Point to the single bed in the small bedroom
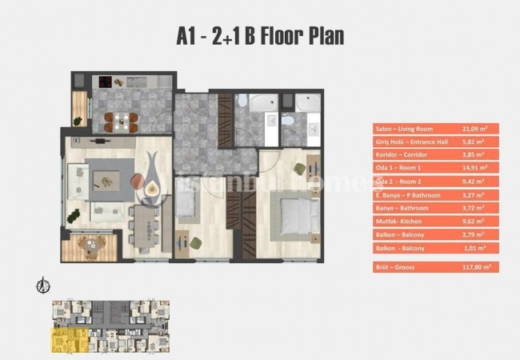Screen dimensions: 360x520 pos(186,209)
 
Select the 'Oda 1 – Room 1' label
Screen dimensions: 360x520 pos(398,167)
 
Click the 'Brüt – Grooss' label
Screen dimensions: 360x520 pos(397,268)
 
